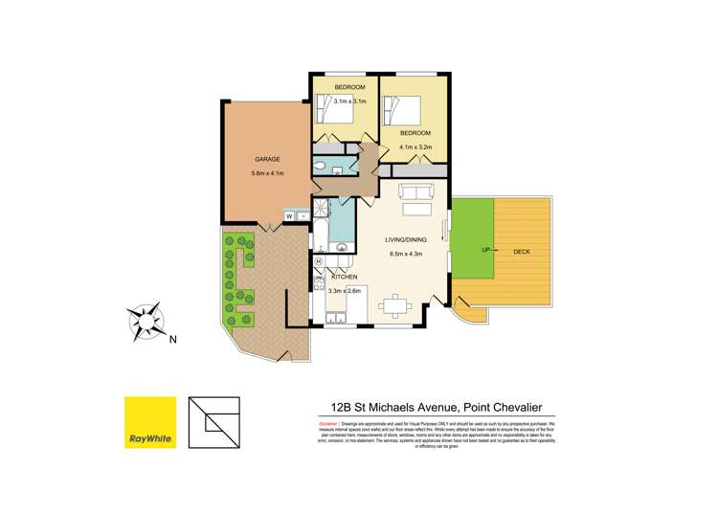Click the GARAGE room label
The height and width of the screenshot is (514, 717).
(x=266, y=158)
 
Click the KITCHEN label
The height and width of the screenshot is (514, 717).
(x=345, y=277)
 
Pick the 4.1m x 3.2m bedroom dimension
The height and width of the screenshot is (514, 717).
(x=417, y=146)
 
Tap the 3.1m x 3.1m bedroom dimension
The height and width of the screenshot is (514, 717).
(x=349, y=101)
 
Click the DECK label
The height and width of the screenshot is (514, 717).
(x=523, y=252)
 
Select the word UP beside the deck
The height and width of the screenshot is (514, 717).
(x=471, y=251)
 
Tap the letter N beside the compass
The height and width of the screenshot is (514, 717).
(x=172, y=338)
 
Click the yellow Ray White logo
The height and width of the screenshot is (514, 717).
(x=150, y=422)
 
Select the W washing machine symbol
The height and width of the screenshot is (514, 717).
(x=288, y=216)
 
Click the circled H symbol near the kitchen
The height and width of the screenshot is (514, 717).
(x=318, y=260)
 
